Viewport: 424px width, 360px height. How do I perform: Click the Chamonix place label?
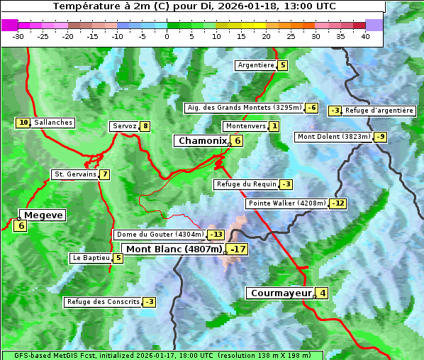tap(202, 141)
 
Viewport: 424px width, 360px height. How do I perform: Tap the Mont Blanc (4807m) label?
tap(174, 249)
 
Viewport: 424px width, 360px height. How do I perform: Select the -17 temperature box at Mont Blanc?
tap(238, 249)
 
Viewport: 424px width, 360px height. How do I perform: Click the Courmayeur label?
tap(281, 293)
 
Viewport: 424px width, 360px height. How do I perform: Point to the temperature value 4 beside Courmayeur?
tap(323, 293)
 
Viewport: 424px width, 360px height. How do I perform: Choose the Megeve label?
tap(43, 215)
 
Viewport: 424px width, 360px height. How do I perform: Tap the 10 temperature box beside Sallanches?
tap(23, 123)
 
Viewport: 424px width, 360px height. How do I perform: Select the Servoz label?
tap(124, 126)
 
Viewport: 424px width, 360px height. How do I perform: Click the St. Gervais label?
tap(75, 174)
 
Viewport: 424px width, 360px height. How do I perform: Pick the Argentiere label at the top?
tap(256, 65)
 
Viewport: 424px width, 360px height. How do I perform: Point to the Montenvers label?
tap(245, 126)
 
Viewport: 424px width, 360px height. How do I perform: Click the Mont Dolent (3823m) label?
tap(334, 137)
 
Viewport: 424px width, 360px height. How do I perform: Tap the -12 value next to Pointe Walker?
tap(338, 203)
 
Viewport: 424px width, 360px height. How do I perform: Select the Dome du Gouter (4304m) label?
tap(160, 235)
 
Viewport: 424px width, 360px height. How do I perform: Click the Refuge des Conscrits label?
tap(104, 302)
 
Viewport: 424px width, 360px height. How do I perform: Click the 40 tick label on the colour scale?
tap(365, 36)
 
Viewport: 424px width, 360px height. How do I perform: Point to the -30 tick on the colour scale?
tap(18, 36)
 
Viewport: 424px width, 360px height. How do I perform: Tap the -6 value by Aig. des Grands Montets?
tap(312, 108)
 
